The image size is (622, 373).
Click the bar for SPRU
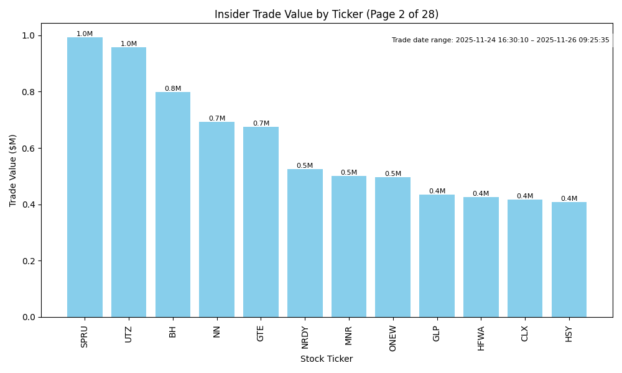pos(85,177)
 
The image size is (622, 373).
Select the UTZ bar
pos(129,182)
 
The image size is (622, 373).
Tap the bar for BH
pos(173,205)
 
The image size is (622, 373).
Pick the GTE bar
pos(261,222)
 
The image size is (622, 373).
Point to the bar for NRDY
pos(305,243)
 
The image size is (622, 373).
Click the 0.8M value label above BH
pos(173,89)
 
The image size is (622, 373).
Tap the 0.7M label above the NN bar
pos(217,119)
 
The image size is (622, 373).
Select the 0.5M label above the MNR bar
pos(349,173)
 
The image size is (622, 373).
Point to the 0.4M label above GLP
pos(437,191)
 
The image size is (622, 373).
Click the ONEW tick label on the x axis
pos(392,338)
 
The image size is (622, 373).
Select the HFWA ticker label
pos(481,338)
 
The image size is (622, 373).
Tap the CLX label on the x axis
pos(525,334)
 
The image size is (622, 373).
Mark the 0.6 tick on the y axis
pos(28,149)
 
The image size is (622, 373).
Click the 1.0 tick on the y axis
pos(28,35)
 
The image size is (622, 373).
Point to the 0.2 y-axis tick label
pos(28,261)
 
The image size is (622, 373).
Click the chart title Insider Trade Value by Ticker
pos(327,14)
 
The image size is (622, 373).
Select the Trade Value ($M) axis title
pos(13,170)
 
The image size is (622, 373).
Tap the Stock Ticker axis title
pos(327,359)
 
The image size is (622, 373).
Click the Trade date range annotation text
pos(501,40)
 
